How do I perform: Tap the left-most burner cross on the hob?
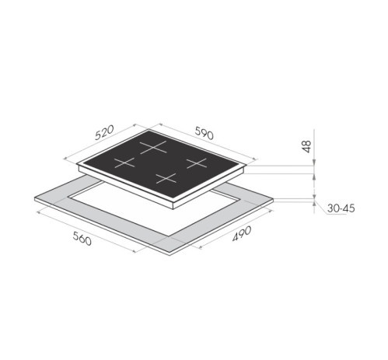tap(124, 163)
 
